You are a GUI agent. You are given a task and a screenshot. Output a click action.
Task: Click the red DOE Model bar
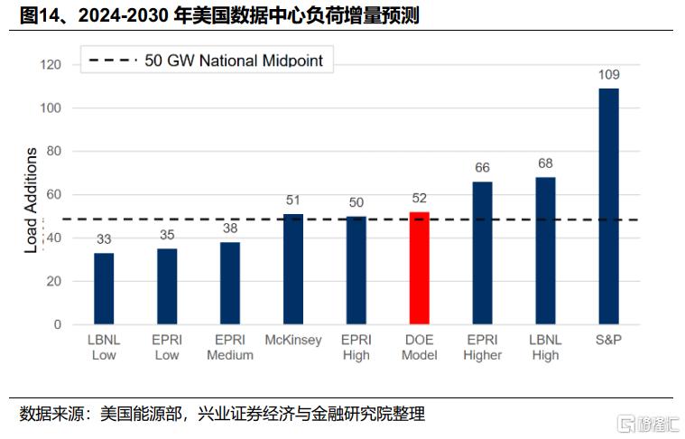pos(419,268)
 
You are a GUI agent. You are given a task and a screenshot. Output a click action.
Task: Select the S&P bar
pos(608,206)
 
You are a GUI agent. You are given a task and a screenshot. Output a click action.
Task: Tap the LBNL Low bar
pos(104,288)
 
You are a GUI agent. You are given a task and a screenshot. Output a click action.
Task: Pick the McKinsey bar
pos(293,269)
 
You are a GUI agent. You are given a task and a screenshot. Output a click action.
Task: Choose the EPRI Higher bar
pos(482,253)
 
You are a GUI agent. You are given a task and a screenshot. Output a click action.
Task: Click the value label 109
pos(608,75)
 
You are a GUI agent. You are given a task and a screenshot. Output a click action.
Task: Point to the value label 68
pos(545,163)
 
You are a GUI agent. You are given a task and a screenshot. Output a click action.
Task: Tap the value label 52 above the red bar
pos(419,198)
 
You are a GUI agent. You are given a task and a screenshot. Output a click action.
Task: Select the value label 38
pos(230,229)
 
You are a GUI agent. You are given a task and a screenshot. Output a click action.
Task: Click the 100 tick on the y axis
pos(51,108)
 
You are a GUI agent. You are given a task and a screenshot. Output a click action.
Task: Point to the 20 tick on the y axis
pos(54,281)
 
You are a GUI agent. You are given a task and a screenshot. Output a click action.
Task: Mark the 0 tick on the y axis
pos(58,324)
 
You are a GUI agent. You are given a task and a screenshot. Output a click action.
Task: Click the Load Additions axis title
pos(31,201)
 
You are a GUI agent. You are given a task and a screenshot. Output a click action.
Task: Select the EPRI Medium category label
pos(230,347)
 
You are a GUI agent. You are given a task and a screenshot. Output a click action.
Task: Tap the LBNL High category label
pos(545,347)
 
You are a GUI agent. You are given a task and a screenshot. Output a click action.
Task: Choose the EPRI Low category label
pos(167,347)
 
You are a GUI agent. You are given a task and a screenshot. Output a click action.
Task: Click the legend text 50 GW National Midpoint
pos(234,61)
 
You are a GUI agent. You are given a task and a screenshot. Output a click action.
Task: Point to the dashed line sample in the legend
pos(113,60)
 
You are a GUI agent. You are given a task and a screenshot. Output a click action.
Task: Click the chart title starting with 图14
pos(219,15)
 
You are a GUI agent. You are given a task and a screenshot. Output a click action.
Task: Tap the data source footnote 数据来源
pos(222,414)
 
